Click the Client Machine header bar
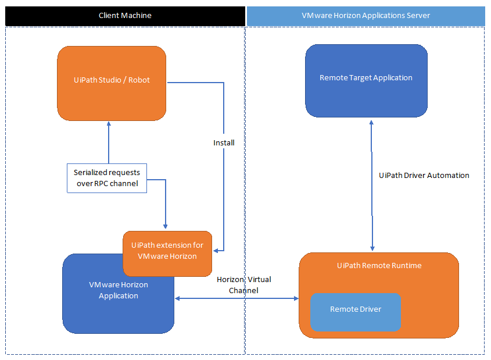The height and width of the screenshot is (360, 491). tap(125, 16)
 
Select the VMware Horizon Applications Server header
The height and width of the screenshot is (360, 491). tap(365, 16)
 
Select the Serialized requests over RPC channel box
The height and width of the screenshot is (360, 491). tap(107, 177)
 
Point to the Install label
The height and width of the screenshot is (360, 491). tap(224, 142)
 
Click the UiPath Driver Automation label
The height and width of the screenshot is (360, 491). tap(424, 175)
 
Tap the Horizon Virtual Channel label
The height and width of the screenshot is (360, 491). tap(243, 284)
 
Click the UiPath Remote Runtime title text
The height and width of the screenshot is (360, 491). tap(379, 265)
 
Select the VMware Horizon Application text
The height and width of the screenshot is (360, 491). tap(119, 290)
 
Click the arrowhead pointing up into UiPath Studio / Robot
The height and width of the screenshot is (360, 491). tap(109, 124)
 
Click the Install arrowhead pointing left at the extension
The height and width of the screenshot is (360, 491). tap(216, 251)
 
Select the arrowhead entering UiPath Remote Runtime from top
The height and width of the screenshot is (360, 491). tap(372, 249)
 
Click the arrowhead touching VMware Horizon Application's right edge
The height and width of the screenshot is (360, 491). tap(178, 298)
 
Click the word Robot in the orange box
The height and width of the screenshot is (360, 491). tap(139, 80)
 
